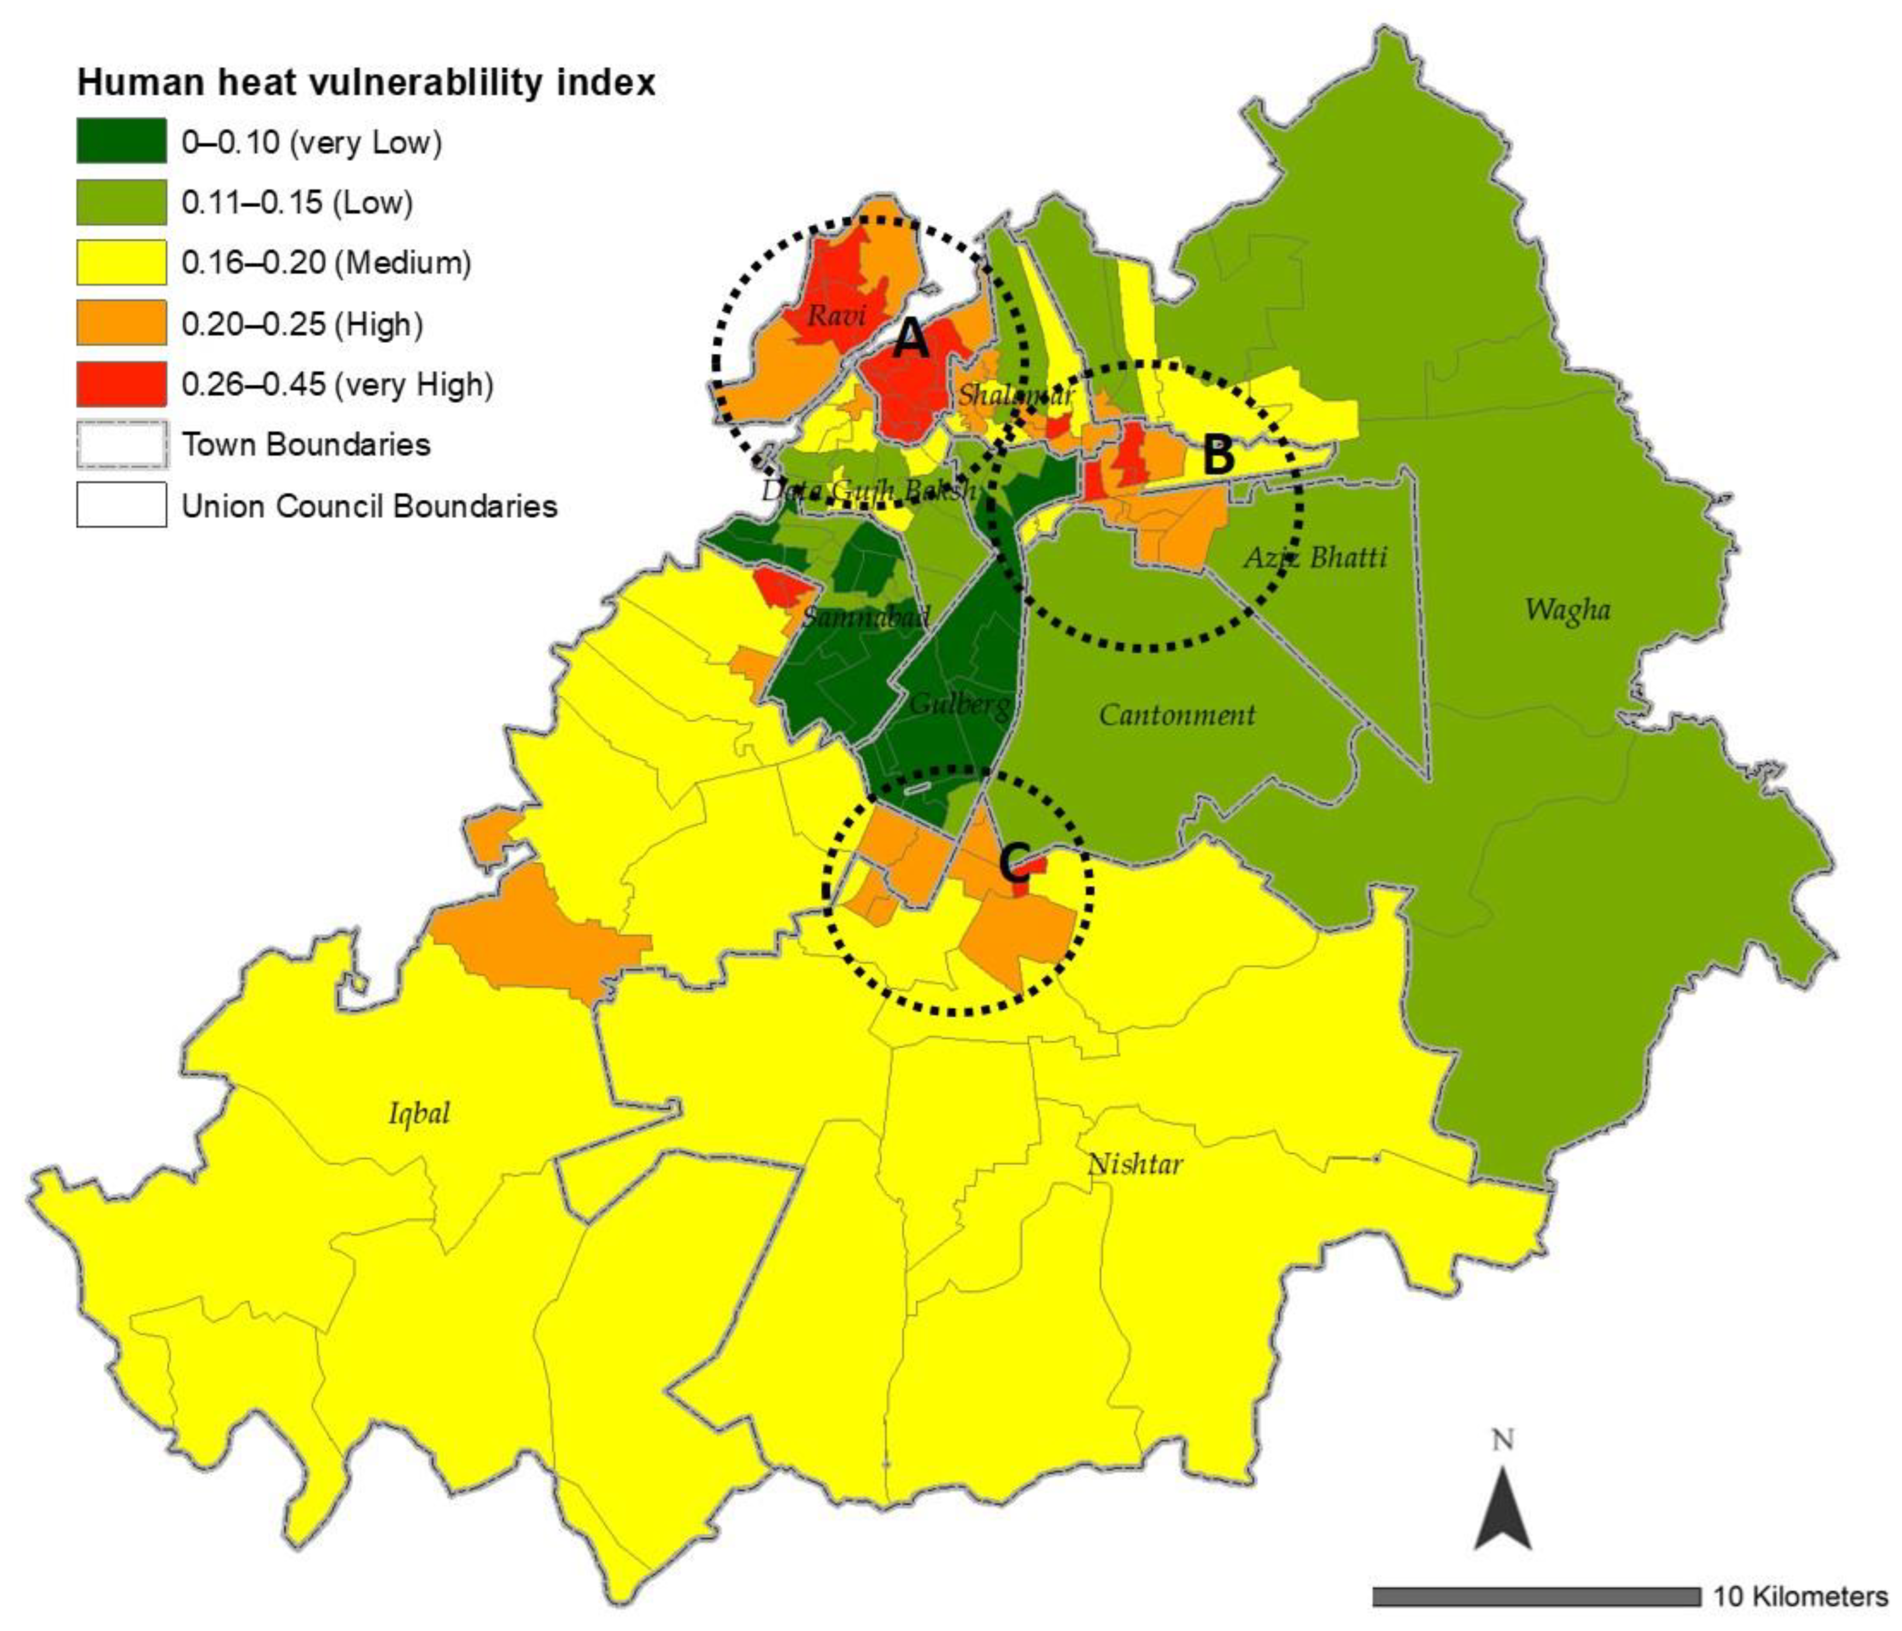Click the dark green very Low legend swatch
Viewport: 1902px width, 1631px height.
[121, 142]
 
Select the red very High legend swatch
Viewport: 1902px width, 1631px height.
[121, 384]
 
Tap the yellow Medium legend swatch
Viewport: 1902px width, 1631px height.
[121, 262]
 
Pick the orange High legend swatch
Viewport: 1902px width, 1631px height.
[121, 323]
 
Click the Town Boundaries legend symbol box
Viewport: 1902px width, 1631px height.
[121, 444]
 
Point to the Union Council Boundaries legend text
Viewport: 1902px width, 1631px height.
[369, 506]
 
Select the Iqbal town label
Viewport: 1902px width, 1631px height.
[419, 1113]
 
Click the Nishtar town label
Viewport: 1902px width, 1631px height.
[1134, 1164]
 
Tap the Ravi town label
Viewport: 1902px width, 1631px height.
[836, 316]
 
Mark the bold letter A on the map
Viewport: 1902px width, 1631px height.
[911, 341]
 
